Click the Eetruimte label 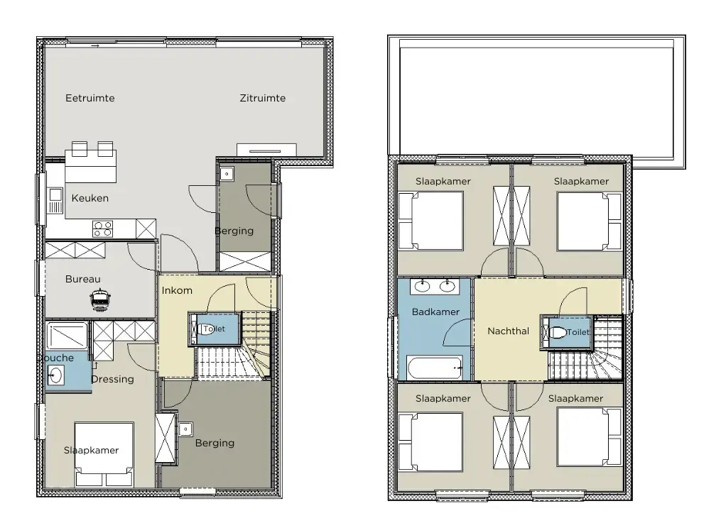click(90, 98)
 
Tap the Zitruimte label click(263, 98)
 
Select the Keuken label click(90, 198)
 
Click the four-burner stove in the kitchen click(102, 229)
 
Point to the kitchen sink click(55, 201)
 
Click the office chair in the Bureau click(99, 299)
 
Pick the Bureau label click(83, 279)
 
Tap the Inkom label click(177, 290)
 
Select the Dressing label click(113, 379)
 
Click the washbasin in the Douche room click(55, 375)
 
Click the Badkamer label click(436, 312)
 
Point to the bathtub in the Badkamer click(435, 368)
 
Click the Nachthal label click(508, 331)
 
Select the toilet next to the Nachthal click(558, 332)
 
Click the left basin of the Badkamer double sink click(423, 286)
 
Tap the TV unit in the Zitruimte click(266, 150)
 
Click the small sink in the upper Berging click(227, 174)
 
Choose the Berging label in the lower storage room click(215, 443)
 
